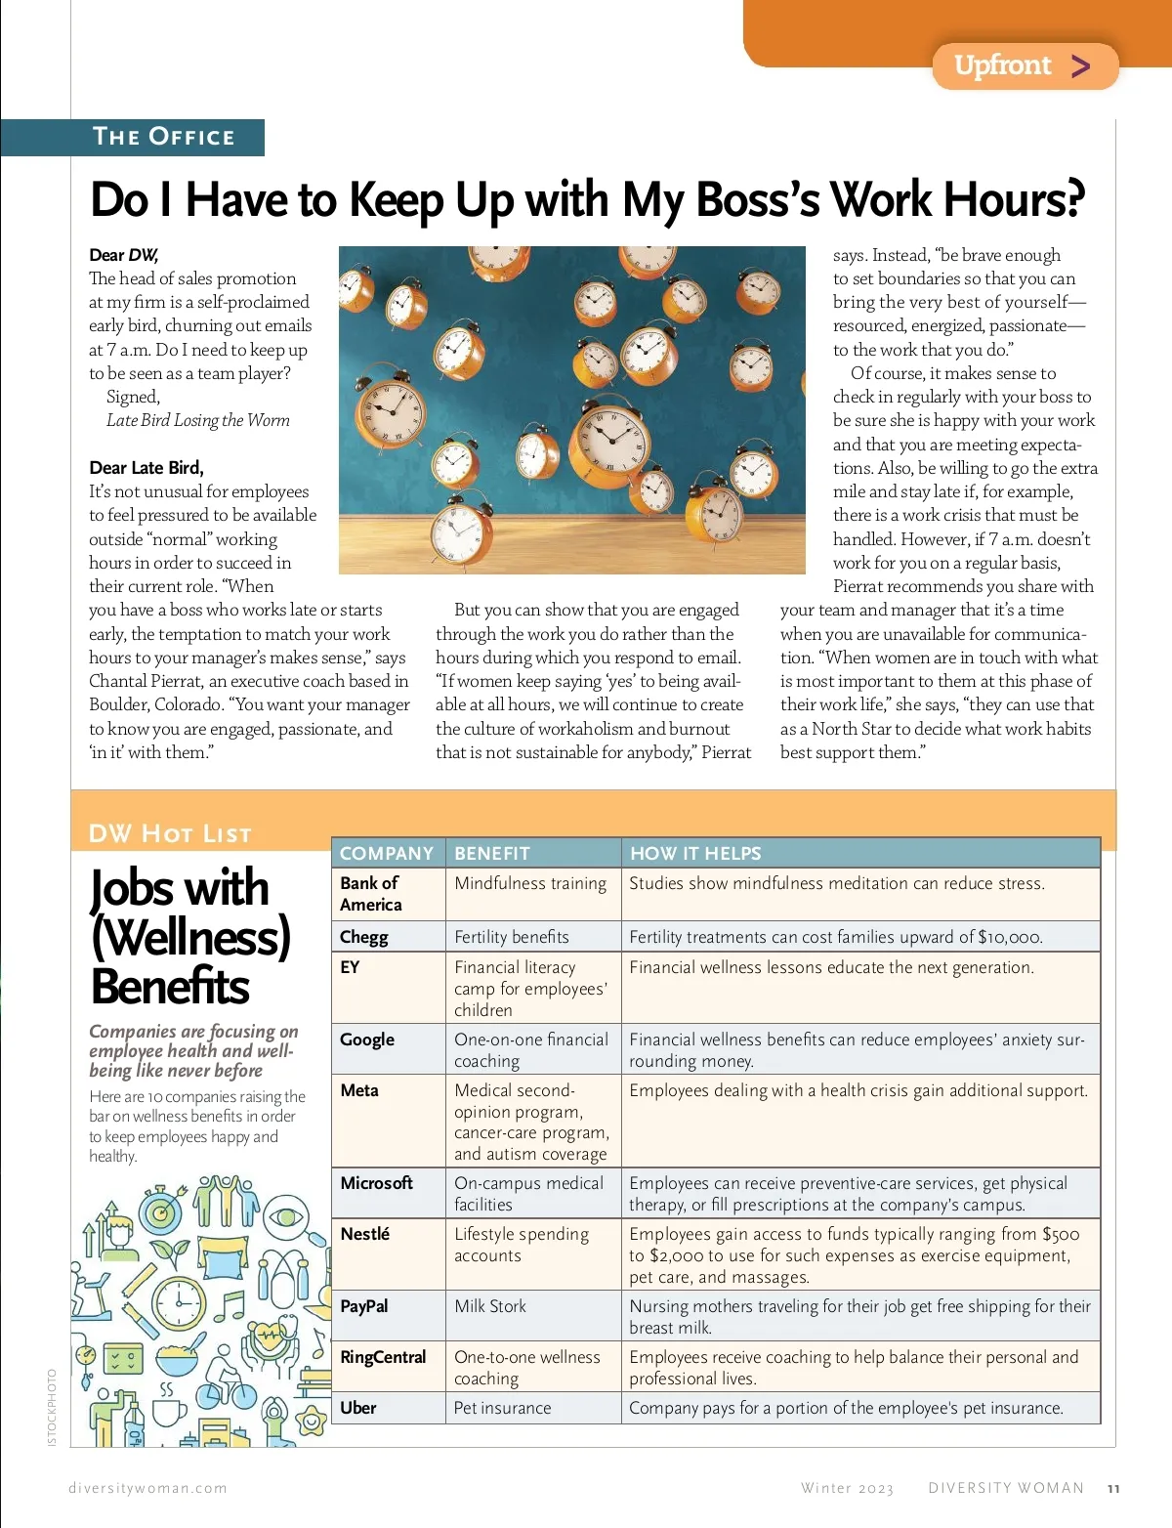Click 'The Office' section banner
(163, 137)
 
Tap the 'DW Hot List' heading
(170, 833)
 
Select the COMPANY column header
(387, 853)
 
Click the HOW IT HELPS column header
(695, 853)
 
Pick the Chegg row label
(364, 937)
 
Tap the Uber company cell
(358, 1408)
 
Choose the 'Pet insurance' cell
(502, 1408)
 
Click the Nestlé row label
(365, 1234)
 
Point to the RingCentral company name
(383, 1357)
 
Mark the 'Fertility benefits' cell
(512, 937)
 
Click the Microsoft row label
(377, 1183)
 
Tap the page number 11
(1113, 1489)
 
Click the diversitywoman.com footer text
(147, 1488)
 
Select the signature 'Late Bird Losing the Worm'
(198, 420)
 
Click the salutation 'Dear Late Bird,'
(146, 468)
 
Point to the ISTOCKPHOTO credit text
(52, 1408)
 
